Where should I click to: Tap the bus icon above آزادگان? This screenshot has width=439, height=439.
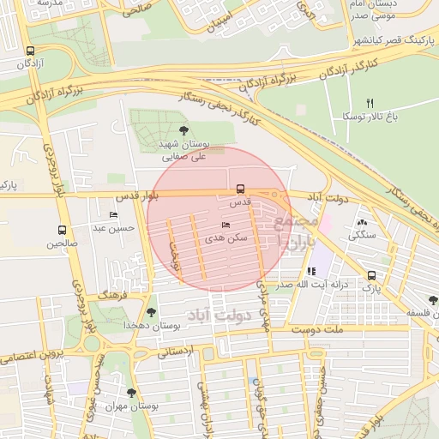click(x=32, y=51)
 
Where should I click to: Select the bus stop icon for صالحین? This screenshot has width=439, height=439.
click(x=62, y=230)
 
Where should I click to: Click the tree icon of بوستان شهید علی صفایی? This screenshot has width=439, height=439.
click(x=183, y=130)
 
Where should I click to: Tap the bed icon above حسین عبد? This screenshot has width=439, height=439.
click(x=113, y=215)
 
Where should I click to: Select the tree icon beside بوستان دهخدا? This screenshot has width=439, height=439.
click(x=152, y=312)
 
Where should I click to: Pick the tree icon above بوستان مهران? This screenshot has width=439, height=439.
click(x=131, y=392)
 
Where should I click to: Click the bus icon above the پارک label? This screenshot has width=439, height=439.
click(x=371, y=275)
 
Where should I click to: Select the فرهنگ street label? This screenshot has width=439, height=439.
click(x=112, y=294)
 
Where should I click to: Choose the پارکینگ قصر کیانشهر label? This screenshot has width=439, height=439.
click(x=394, y=40)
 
